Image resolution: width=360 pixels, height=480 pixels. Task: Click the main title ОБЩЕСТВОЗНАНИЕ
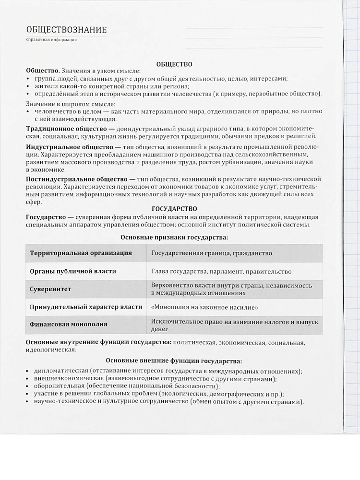coord(66,30)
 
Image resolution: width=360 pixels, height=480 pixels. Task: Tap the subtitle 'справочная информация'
coord(52,40)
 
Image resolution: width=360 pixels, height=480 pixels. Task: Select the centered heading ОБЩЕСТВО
coord(174,63)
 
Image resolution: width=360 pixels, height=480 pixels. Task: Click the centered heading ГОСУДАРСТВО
coord(174,209)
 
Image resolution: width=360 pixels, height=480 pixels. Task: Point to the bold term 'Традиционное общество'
coord(63,129)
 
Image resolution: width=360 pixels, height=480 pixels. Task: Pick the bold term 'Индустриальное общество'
coord(67,146)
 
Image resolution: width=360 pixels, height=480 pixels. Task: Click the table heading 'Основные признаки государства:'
coord(174,237)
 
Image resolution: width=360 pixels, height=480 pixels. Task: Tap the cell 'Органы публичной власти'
coord(74,271)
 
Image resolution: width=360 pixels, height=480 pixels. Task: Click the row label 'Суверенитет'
coord(50,289)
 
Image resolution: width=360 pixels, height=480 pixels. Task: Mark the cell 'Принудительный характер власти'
coord(85,307)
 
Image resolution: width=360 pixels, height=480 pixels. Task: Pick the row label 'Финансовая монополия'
coord(69,324)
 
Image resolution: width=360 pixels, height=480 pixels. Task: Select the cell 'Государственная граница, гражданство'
coord(211,253)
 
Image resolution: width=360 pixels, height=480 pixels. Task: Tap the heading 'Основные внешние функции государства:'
coord(174,361)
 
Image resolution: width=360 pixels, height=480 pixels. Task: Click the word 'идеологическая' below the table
coord(50,350)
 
